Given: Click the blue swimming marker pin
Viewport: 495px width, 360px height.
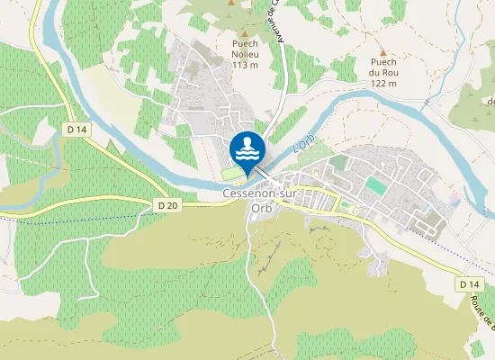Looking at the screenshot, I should coord(247,148).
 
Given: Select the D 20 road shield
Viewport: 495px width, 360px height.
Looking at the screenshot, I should coord(167,205).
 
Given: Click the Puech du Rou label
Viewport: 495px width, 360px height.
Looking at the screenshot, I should coord(383,73).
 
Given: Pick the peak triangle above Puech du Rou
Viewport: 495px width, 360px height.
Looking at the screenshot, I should coord(383,53).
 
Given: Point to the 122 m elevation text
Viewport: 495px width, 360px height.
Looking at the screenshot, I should coord(383,84).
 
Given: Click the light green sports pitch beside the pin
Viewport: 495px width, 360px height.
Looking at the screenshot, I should coord(231,172).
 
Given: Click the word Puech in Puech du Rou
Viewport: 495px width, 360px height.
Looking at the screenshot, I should coord(383,62).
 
